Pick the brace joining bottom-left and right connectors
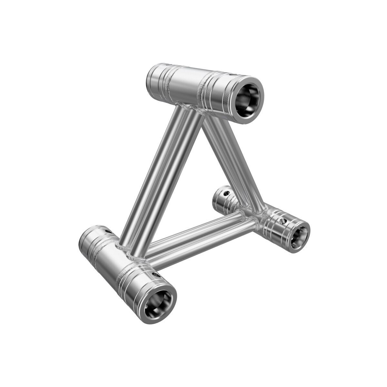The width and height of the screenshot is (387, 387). (200, 239)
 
